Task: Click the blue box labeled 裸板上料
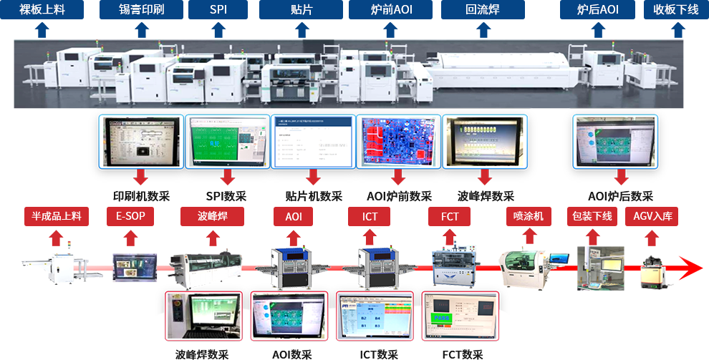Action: coord(42,10)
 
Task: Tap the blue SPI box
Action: coord(218,10)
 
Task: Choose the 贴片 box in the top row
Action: coord(300,10)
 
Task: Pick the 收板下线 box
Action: coord(675,10)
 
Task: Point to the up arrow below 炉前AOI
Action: coord(390,30)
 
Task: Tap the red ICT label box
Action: coord(370,216)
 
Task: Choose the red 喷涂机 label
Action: coord(529,216)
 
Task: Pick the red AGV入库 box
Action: coord(652,216)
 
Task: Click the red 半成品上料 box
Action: coord(57,216)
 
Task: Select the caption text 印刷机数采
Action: coord(141,196)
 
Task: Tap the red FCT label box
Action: coord(450,216)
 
